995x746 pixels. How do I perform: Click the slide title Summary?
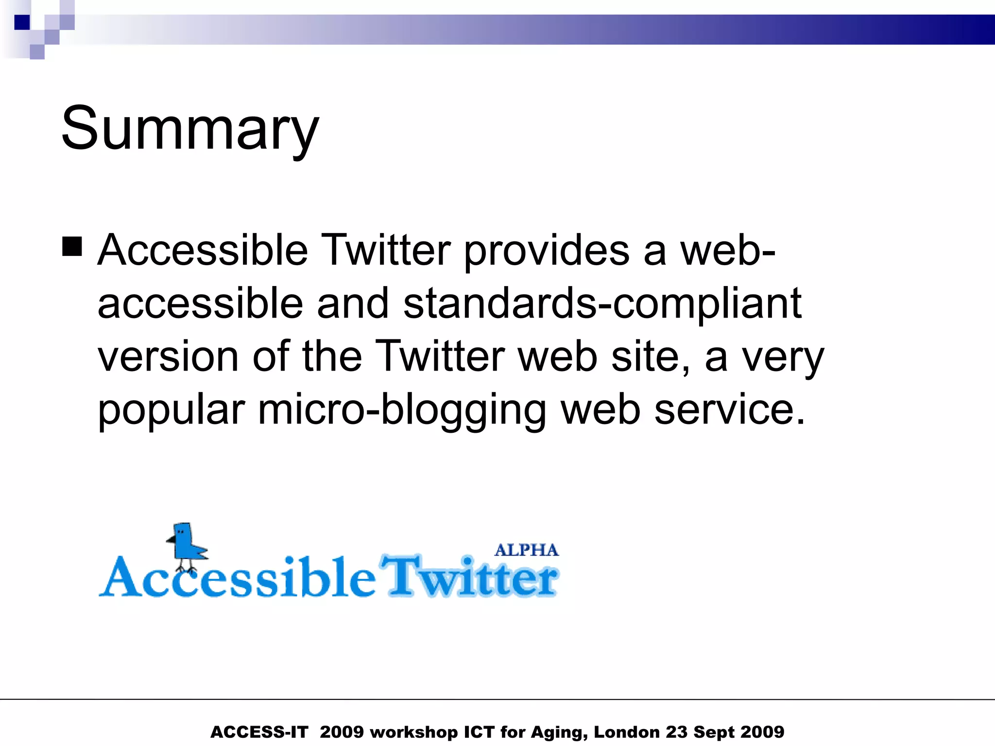(190, 129)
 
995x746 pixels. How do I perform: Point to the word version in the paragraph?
(168, 356)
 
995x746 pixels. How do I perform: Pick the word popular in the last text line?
(171, 411)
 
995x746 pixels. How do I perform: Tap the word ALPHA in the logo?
(526, 550)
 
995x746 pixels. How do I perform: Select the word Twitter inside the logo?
(469, 577)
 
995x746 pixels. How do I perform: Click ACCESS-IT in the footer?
(259, 732)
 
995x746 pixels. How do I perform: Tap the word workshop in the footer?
(413, 732)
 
